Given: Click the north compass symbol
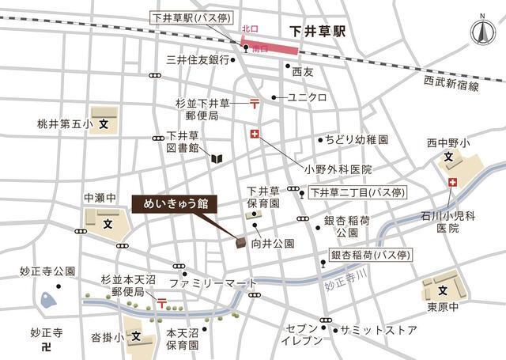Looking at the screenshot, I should pos(480,33).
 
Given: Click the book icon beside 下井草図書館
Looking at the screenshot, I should pos(216,158).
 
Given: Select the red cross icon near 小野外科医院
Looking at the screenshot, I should pos(255,135).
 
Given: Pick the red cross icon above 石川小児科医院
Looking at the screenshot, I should pos(451,184).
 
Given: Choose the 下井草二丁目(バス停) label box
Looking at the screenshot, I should pos(356,191).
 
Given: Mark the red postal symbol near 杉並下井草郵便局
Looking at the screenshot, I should pos(254,102).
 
